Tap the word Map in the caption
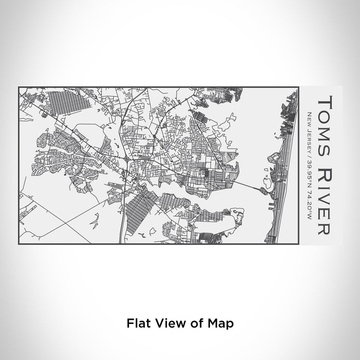224,323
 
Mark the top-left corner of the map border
19,87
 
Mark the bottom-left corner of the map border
19,244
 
